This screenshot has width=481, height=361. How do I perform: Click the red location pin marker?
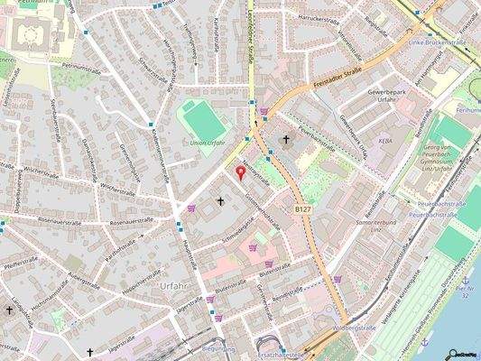point(240,171)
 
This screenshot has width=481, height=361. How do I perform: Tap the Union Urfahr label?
point(208,143)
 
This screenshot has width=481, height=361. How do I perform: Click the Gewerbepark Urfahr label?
point(390,97)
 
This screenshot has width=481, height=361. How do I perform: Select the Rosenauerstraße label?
point(109,220)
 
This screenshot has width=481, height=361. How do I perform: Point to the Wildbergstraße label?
point(354,328)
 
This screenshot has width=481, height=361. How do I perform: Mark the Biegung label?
point(219,347)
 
